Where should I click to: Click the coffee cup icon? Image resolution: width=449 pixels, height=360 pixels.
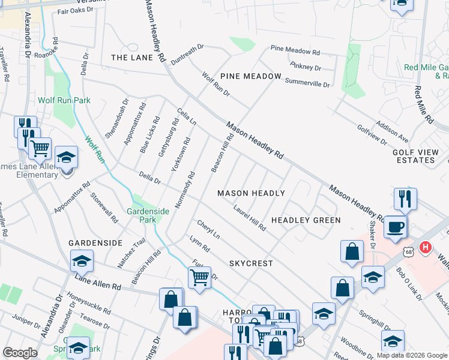coord(395,227)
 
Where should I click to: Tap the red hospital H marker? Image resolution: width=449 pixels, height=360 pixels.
coord(426,247)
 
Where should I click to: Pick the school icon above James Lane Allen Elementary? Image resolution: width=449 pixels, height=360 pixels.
coord(66,158)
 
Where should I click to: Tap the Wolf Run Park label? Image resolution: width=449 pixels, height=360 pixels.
coord(64,100)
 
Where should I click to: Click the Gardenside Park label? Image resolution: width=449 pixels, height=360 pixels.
coord(142,215)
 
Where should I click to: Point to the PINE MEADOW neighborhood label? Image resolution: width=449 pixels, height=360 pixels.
coord(250,76)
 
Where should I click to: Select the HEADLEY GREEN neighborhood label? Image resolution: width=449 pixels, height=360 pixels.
coord(306,220)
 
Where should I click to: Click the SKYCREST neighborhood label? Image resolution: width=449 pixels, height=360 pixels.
coord(251,263)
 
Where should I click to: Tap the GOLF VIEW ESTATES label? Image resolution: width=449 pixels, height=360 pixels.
coord(414,157)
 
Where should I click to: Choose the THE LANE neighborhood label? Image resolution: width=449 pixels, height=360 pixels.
coord(128,58)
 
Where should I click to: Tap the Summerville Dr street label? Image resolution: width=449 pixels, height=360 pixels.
coord(307,83)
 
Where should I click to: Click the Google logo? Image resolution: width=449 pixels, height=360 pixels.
coord(20,352)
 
